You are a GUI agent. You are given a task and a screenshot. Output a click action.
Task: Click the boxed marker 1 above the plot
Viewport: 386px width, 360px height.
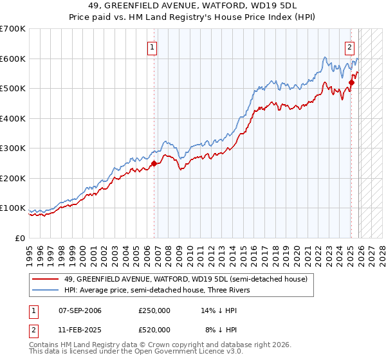[152, 46]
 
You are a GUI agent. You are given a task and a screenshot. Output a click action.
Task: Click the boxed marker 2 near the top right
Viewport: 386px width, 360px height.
[349, 46]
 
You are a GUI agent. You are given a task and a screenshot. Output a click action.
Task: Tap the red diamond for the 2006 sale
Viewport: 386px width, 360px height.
[154, 163]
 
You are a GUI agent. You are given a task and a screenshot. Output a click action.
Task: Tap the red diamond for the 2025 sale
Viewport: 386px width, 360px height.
[351, 82]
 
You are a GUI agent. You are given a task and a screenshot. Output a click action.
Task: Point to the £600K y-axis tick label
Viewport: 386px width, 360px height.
[12, 59]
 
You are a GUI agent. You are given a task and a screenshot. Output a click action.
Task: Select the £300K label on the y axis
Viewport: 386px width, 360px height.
[12, 148]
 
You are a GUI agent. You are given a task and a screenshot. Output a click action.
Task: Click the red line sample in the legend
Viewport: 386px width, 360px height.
[46, 279]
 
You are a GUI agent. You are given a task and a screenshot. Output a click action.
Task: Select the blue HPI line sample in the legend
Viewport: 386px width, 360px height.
[46, 290]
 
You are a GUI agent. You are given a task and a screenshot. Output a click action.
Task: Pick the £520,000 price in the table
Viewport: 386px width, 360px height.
[154, 329]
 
